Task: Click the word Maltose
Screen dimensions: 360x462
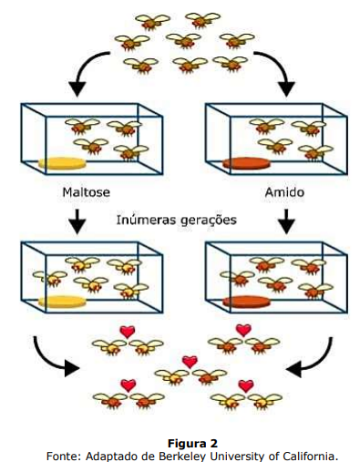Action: [x=86, y=192]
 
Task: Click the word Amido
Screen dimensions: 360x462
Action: [x=284, y=192]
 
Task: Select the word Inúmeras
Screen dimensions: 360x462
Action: [x=145, y=220]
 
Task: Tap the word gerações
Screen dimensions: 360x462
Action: [x=207, y=221]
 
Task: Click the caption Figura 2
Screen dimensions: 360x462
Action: [x=192, y=444]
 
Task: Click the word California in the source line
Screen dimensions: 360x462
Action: [x=311, y=456]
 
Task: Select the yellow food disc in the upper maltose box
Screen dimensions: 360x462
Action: [x=62, y=163]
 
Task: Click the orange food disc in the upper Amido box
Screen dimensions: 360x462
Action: [x=246, y=163]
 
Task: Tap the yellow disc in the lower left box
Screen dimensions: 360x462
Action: [x=62, y=302]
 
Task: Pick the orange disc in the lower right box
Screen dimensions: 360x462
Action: [x=246, y=302]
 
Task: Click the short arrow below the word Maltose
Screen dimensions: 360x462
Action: [x=77, y=221]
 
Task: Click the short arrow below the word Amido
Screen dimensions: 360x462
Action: [x=286, y=221]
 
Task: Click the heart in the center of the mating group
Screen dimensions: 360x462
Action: [x=190, y=362]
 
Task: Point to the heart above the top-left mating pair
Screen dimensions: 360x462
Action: [x=128, y=332]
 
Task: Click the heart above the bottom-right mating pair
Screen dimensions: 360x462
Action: [x=245, y=385]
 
